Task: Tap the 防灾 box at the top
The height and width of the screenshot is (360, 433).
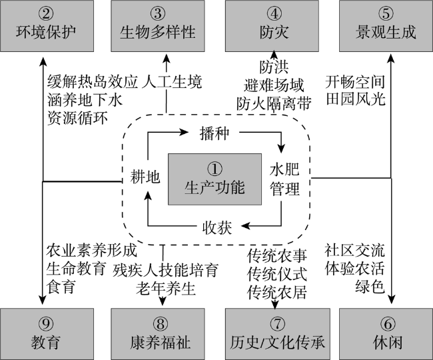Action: [272, 25]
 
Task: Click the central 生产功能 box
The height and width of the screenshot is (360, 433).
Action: [215, 179]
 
